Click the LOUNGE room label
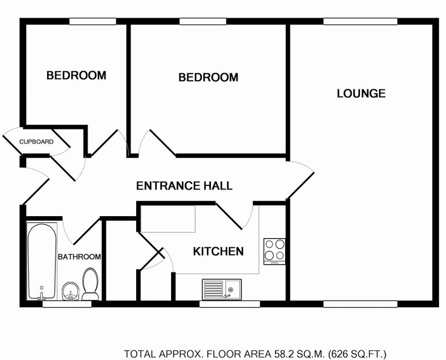361,93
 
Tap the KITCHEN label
218,251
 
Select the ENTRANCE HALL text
184,186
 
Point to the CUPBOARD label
36,142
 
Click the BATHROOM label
79,257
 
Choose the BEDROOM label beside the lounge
208,77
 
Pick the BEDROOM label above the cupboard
76,75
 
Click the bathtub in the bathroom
42,261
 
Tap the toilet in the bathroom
91,284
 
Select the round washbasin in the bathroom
70,291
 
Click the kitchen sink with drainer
222,289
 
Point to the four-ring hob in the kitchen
274,251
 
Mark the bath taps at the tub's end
42,297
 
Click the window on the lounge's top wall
360,22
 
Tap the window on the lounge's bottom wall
360,304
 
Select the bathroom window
67,304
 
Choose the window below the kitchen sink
229,304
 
